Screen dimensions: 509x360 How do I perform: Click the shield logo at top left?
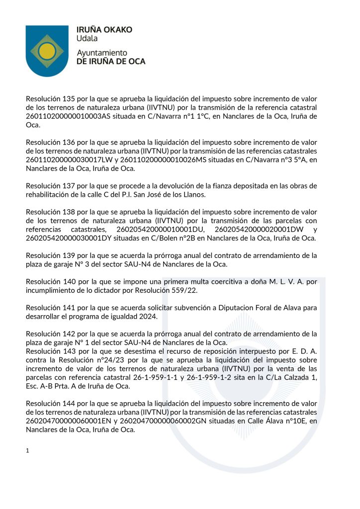tap(47, 51)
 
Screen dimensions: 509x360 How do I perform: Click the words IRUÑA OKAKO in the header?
tap(104, 30)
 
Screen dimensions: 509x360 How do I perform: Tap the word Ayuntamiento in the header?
tap(102, 53)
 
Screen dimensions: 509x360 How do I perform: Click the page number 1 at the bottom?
tap(28, 451)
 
